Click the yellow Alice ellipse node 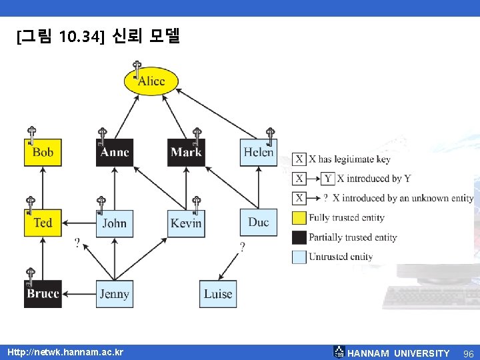pyautogui.click(x=151, y=81)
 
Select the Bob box pyautogui.click(x=43, y=153)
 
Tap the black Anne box pyautogui.click(x=115, y=153)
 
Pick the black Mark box pyautogui.click(x=186, y=153)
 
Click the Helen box pyautogui.click(x=259, y=153)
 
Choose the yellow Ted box pyautogui.click(x=43, y=223)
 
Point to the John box pyautogui.click(x=115, y=223)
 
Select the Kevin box pyautogui.click(x=186, y=223)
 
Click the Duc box pyautogui.click(x=259, y=223)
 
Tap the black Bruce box pyautogui.click(x=43, y=294)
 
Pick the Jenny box pyautogui.click(x=115, y=294)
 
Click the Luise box pyautogui.click(x=218, y=294)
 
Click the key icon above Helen pyautogui.click(x=270, y=135)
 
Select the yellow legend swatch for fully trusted pyautogui.click(x=300, y=217)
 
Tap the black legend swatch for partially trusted pyautogui.click(x=300, y=237)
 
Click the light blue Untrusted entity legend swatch pyautogui.click(x=300, y=257)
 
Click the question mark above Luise pyautogui.click(x=241, y=247)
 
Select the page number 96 pyautogui.click(x=468, y=353)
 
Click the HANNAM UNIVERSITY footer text pyautogui.click(x=399, y=353)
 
